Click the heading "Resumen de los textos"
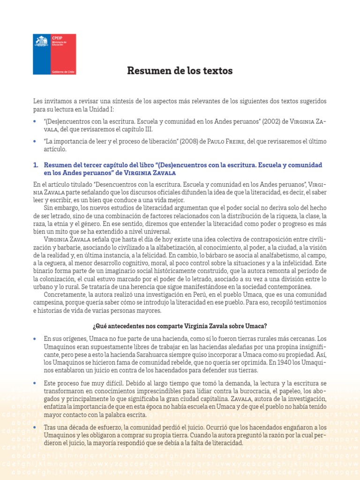tap(180, 71)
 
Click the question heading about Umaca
tap(180, 326)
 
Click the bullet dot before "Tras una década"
tap(36, 427)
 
